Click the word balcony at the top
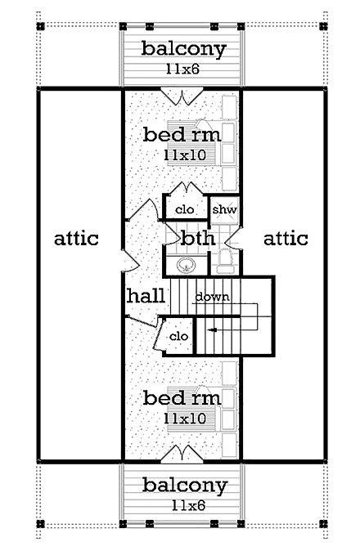(x=182, y=48)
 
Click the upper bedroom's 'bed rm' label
(x=181, y=133)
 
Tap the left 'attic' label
(x=76, y=239)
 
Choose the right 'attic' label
(x=286, y=239)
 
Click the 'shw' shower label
(x=224, y=210)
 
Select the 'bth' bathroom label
(x=197, y=240)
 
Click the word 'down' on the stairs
(x=212, y=297)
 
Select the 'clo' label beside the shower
(x=185, y=210)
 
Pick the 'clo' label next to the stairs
(x=179, y=336)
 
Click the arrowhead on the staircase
(x=210, y=330)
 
